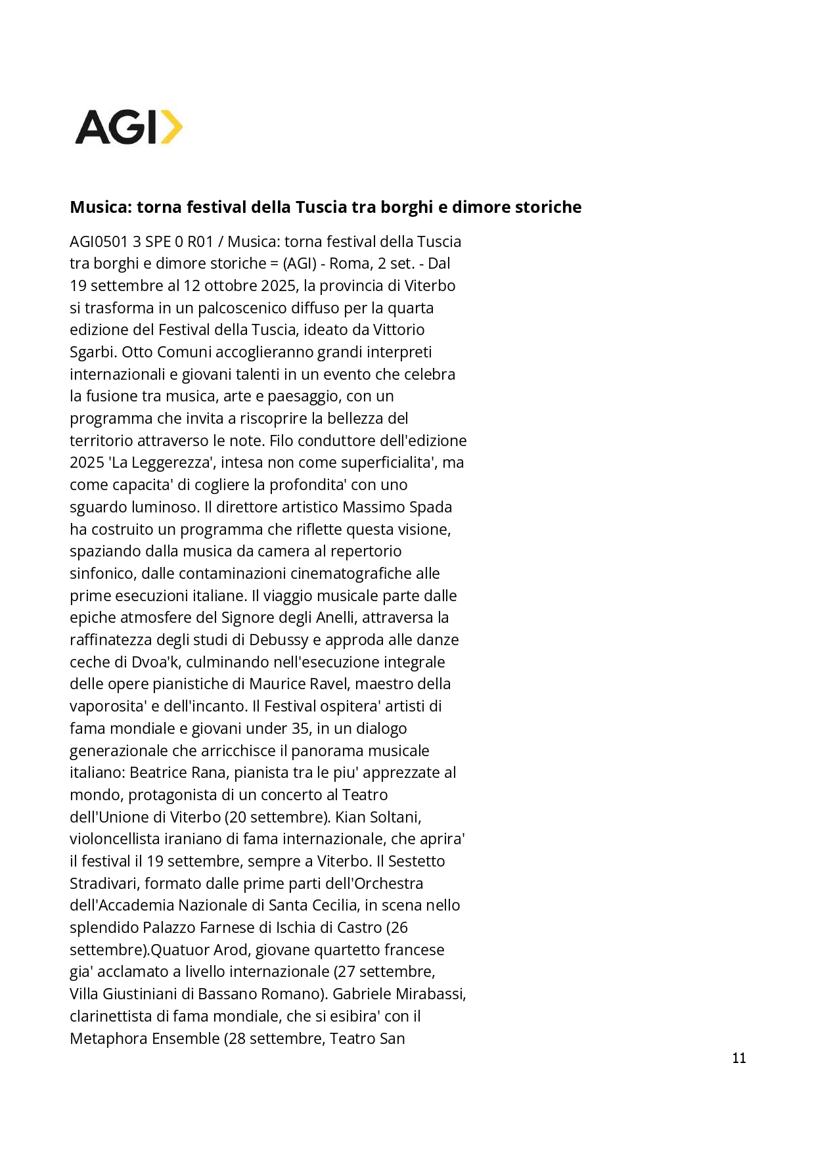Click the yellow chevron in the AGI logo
point(171,127)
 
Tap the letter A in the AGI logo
point(94,127)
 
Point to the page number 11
point(738,1058)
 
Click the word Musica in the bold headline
point(99,207)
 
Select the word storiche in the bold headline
point(548,207)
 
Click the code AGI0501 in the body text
point(99,242)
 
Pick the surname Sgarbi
point(93,352)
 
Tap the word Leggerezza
point(162,463)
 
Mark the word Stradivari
point(103,884)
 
